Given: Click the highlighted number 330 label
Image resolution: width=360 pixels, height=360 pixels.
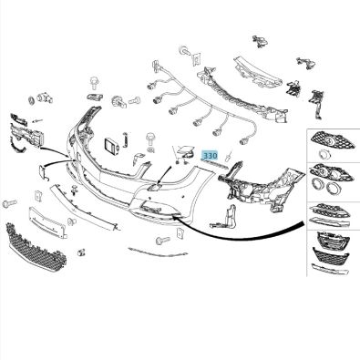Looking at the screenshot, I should pyautogui.click(x=211, y=157).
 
